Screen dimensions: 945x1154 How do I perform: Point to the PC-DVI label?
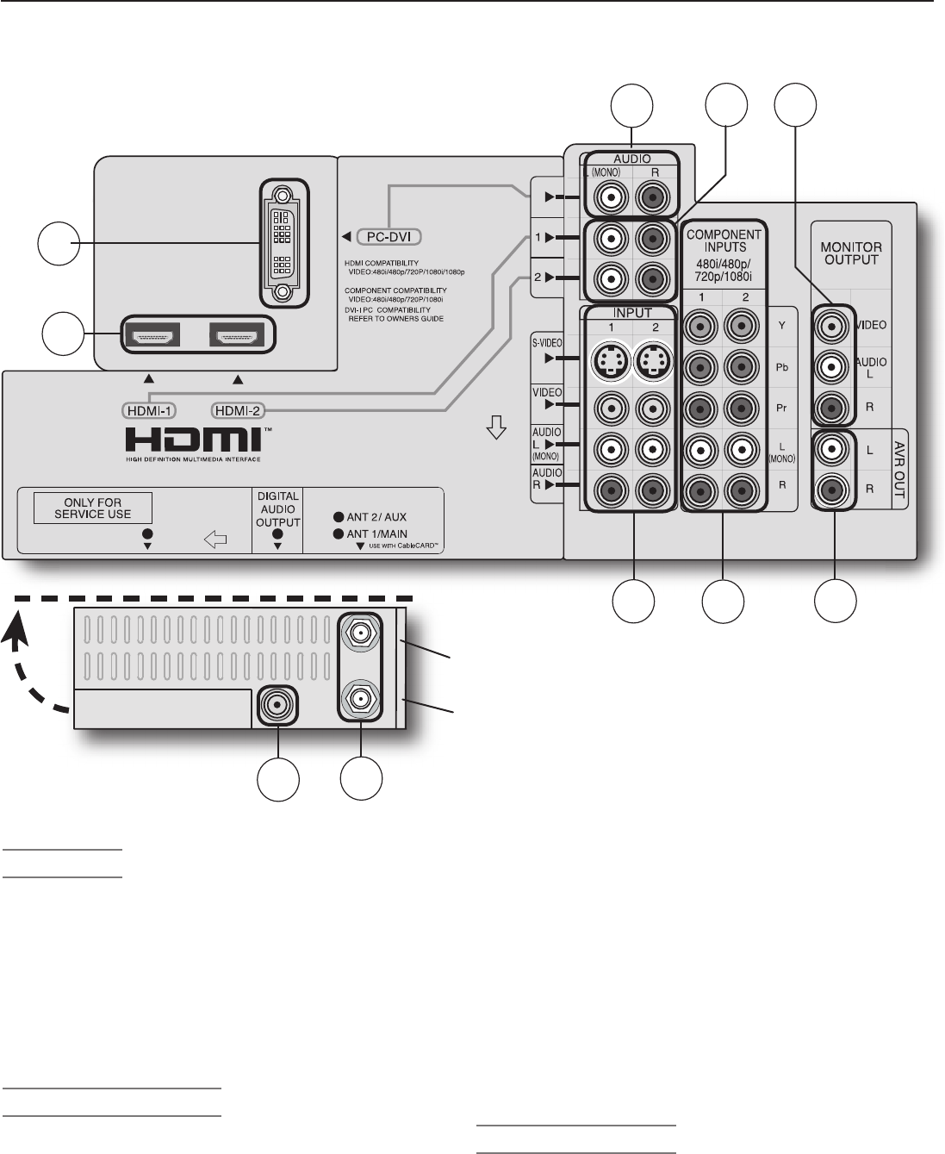pyautogui.click(x=390, y=236)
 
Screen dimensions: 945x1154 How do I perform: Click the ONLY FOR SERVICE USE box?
pyautogui.click(x=93, y=508)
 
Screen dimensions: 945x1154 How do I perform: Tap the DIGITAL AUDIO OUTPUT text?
pyautogui.click(x=277, y=509)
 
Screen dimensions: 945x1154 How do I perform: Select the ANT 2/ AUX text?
pyautogui.click(x=376, y=518)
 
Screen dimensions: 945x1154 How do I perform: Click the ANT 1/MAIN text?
pyautogui.click(x=376, y=534)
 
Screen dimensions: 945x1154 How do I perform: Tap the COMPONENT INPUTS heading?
pyautogui.click(x=724, y=240)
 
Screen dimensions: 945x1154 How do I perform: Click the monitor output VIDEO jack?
pyautogui.click(x=833, y=326)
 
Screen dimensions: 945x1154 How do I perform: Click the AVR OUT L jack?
pyautogui.click(x=833, y=449)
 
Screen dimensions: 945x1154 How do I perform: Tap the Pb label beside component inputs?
pyautogui.click(x=781, y=367)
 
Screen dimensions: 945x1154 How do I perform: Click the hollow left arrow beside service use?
pyautogui.click(x=215, y=540)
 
